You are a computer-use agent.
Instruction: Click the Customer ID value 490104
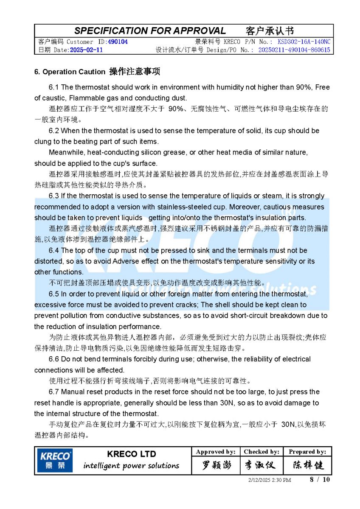click(118, 42)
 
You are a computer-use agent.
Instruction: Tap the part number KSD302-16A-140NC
click(304, 42)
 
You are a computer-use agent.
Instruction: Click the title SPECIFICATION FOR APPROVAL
click(150, 31)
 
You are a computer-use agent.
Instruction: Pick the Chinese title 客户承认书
click(270, 31)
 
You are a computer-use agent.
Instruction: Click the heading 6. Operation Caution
click(70, 72)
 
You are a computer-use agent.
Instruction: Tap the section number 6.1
click(54, 87)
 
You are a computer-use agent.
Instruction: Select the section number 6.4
click(54, 251)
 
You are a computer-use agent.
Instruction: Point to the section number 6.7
click(54, 392)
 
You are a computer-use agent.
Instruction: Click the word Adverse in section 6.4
click(124, 261)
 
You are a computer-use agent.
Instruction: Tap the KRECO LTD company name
click(131, 454)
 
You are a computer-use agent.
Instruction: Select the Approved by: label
click(216, 452)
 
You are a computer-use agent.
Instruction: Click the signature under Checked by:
click(261, 465)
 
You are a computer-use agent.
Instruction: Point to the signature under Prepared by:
click(307, 465)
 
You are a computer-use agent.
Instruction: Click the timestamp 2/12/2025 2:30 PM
click(270, 480)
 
